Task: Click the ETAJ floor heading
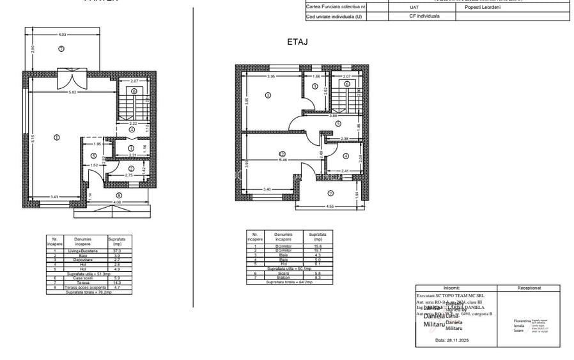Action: [x=298, y=42]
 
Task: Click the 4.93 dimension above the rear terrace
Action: [x=62, y=34]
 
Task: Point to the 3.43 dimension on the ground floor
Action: [x=40, y=196]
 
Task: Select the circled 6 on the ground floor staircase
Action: [x=134, y=91]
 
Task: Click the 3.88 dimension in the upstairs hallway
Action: [x=333, y=116]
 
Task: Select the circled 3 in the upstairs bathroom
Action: [x=314, y=86]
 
